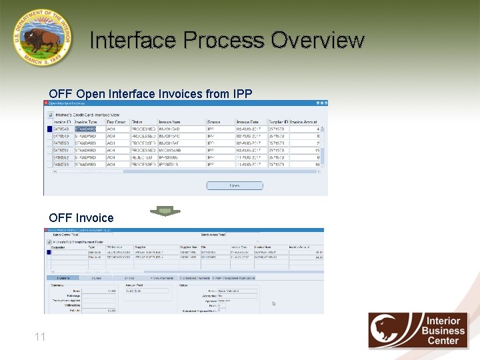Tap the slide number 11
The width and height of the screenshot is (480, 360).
click(x=40, y=337)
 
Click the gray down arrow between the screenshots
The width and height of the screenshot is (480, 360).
click(x=165, y=211)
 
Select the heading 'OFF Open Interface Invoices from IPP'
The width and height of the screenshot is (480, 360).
click(x=150, y=94)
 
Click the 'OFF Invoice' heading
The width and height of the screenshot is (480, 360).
click(x=81, y=218)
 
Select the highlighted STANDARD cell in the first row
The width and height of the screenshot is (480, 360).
click(x=86, y=129)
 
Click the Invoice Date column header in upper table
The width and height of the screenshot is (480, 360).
click(x=248, y=122)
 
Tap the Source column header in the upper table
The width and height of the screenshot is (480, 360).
click(x=214, y=122)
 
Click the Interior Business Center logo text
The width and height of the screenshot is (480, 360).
click(x=445, y=331)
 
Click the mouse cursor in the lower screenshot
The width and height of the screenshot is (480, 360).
click(x=273, y=304)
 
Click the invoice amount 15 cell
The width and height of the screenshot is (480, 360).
click(x=317, y=151)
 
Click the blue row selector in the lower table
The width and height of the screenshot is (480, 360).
click(x=48, y=252)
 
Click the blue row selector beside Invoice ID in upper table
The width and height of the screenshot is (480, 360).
click(x=48, y=129)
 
